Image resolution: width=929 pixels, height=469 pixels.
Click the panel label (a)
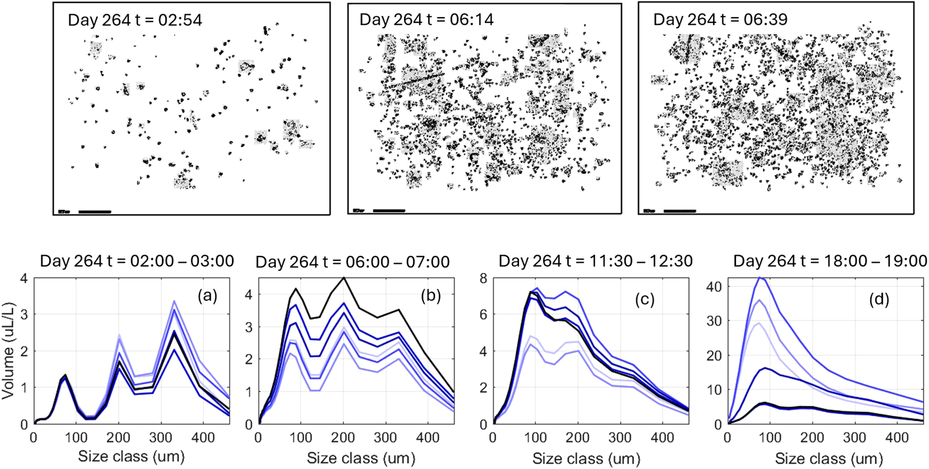tap(207, 296)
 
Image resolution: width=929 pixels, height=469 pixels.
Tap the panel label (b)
tap(430, 296)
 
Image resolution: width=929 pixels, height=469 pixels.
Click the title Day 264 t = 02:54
tap(135, 20)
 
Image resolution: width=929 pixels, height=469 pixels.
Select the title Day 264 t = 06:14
tap(426, 20)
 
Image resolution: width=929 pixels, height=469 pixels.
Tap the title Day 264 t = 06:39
tap(720, 20)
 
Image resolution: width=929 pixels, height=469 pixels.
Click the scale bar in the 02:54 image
tap(95, 212)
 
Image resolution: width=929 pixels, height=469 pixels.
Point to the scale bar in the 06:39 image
tap(680, 211)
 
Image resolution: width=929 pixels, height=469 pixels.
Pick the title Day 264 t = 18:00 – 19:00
tap(830, 261)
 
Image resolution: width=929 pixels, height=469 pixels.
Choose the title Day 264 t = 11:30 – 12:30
tap(595, 261)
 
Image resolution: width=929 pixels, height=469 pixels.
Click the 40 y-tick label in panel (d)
tap(713, 286)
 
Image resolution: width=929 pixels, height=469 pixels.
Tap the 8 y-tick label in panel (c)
tap(483, 278)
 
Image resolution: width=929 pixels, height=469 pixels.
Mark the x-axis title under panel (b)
tap(361, 459)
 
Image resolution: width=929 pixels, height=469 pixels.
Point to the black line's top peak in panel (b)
tap(343, 278)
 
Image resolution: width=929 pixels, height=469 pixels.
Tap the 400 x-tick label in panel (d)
tap(897, 438)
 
